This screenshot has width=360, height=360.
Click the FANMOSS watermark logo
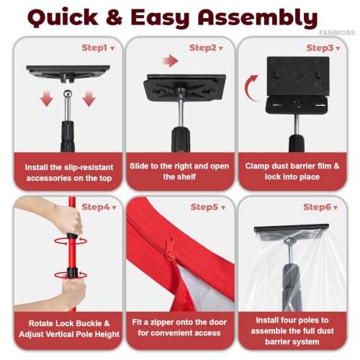337,32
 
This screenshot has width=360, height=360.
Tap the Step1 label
94,48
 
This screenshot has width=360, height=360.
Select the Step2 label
203,48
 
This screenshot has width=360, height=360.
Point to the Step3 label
320,48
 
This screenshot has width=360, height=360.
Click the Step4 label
96,207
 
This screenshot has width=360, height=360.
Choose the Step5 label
204,207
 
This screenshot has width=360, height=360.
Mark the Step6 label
317,207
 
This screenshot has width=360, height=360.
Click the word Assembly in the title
258,18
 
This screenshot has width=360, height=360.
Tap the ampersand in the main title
114,17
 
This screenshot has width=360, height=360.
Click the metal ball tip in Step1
68,94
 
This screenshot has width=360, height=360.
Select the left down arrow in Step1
47,99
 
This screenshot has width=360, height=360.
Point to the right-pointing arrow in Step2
170,60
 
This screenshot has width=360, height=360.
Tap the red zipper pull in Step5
170,248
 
